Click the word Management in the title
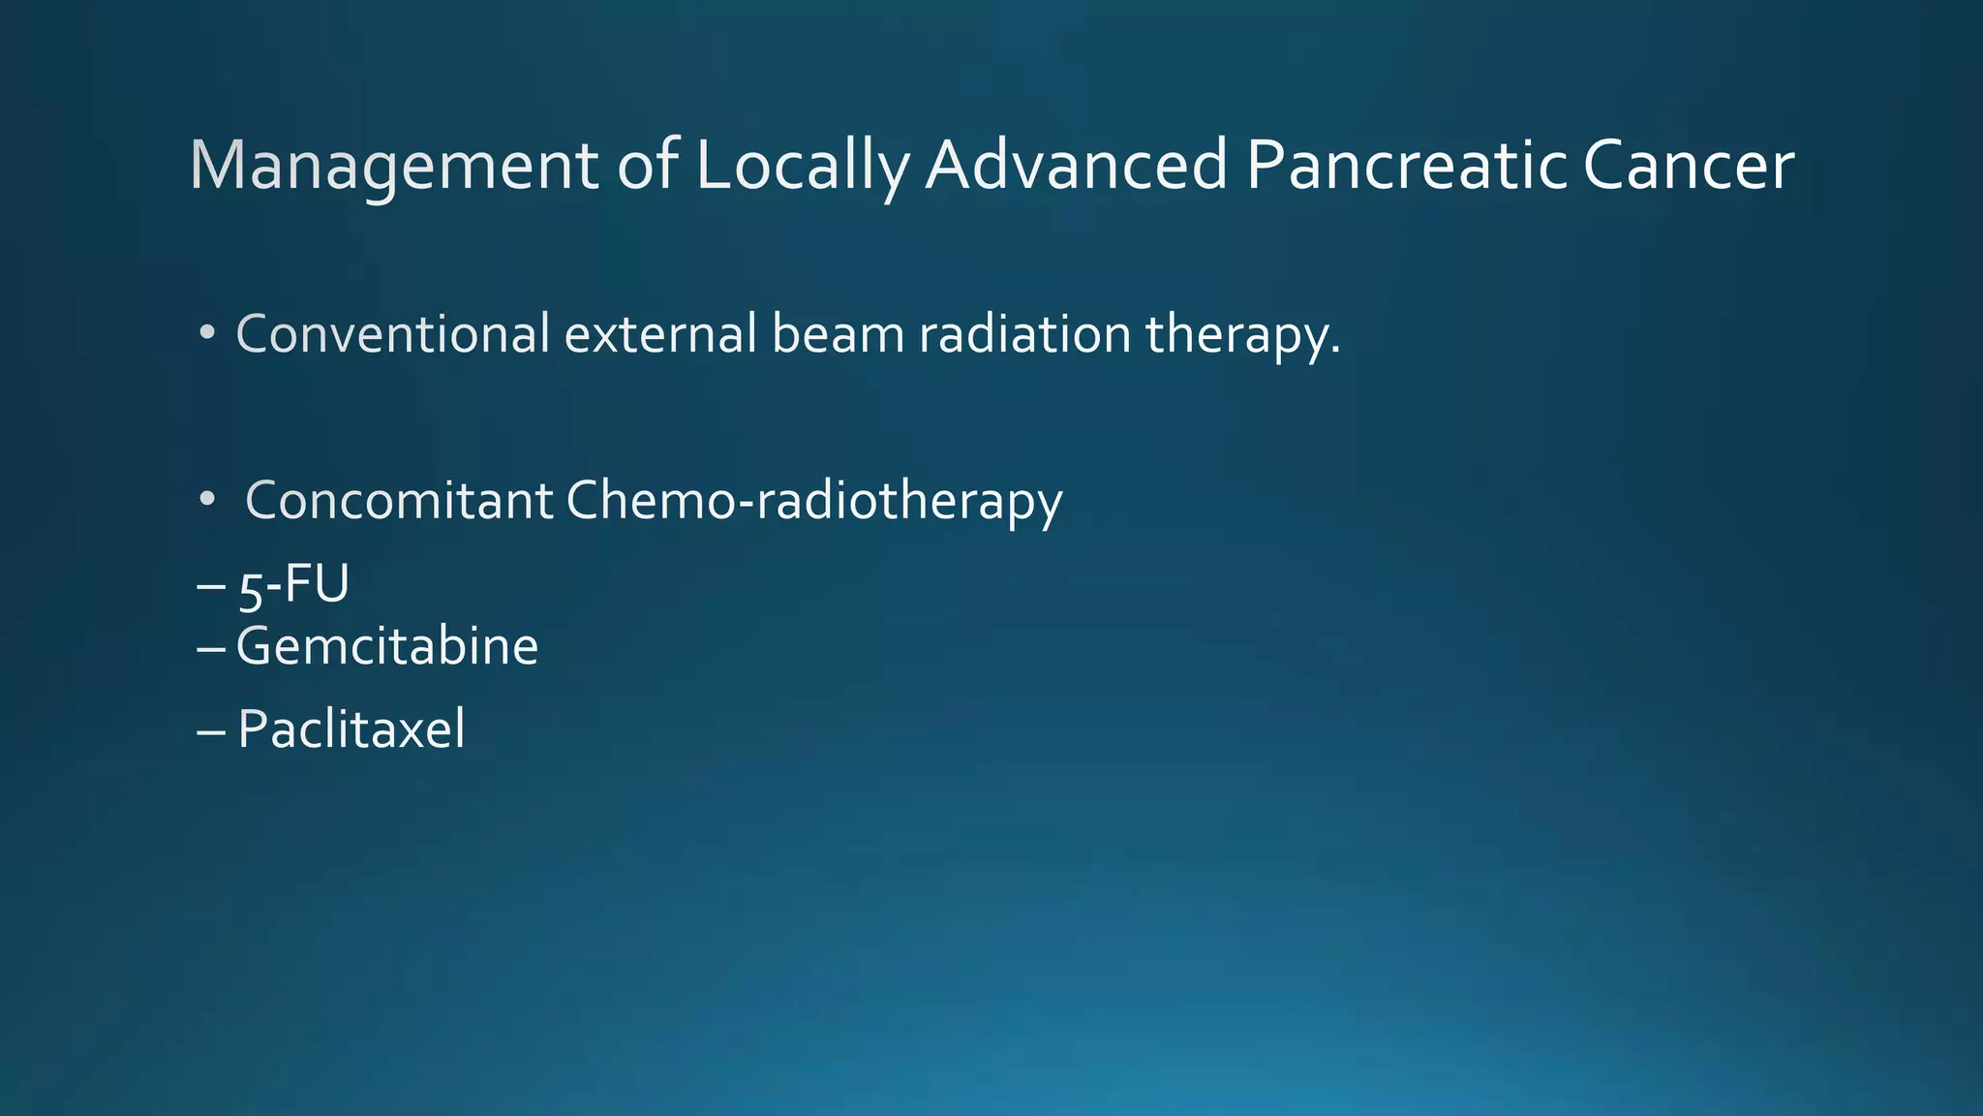click(393, 167)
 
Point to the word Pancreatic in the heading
click(1406, 165)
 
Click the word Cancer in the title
click(1688, 167)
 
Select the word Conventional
click(393, 334)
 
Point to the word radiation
click(1024, 334)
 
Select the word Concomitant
click(399, 501)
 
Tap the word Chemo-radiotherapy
click(813, 501)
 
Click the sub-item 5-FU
click(293, 585)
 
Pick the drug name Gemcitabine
click(386, 646)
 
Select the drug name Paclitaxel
click(351, 728)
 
